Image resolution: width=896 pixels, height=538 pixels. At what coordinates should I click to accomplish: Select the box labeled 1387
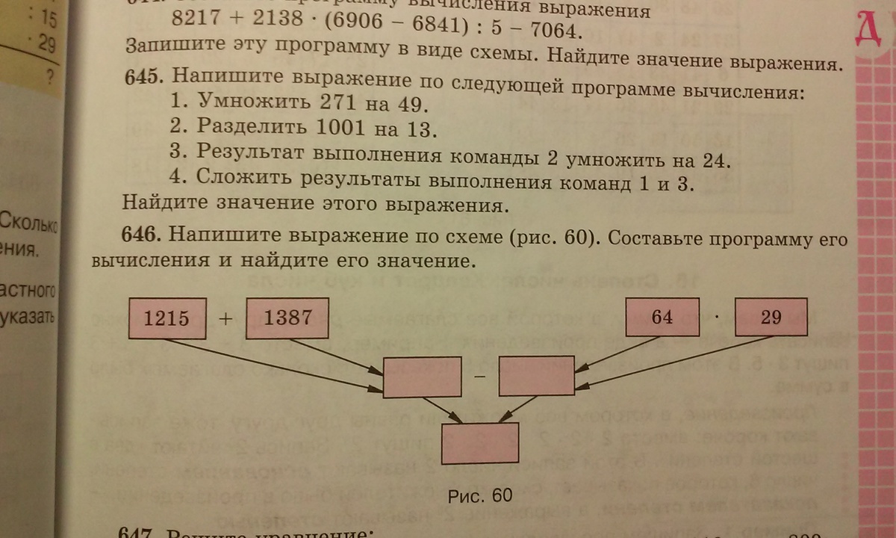288,318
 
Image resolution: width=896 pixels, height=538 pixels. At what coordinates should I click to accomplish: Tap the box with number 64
662,317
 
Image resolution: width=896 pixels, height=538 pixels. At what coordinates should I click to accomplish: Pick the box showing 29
771,317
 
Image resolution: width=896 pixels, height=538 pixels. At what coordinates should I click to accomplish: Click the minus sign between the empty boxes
479,378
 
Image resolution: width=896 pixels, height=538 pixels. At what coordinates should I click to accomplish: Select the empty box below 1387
422,377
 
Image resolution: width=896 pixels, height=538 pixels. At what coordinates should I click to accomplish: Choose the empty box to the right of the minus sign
537,376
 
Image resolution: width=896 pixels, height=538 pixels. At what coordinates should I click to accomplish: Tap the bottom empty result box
480,444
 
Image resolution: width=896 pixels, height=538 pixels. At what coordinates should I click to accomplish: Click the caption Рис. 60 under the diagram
482,496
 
